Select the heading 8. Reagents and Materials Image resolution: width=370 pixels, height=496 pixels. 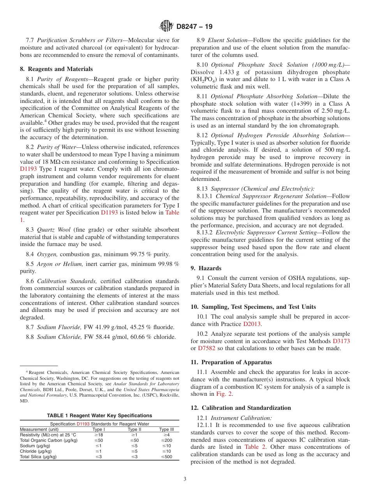(x=56, y=69)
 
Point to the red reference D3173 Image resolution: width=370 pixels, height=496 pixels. (x=341, y=341)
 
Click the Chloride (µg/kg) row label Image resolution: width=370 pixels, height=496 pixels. (x=36, y=451)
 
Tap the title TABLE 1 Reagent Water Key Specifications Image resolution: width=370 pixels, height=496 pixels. (x=99, y=416)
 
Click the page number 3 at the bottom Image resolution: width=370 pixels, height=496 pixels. (x=185, y=479)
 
